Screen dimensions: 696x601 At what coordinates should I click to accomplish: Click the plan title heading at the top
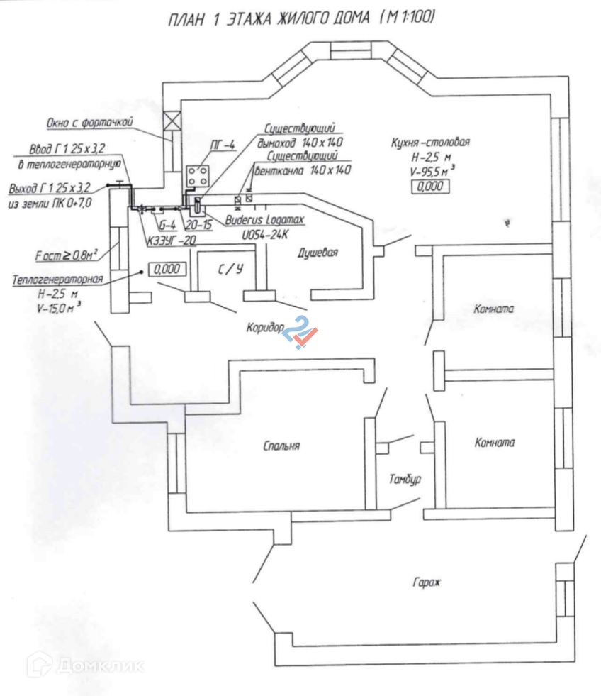300,18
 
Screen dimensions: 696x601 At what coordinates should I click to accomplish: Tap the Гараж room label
426,583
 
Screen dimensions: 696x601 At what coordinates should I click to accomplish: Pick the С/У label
230,268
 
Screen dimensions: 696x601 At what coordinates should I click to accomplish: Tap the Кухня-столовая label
430,142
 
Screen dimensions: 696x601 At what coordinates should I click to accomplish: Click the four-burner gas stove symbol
198,176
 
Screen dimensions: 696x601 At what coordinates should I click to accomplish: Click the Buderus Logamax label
264,221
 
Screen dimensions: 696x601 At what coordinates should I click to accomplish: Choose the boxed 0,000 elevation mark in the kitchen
430,187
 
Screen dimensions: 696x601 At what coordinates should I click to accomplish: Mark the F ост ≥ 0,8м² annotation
66,253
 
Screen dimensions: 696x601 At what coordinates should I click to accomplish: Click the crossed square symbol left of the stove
170,121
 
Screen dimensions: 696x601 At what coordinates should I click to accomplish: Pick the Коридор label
266,328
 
